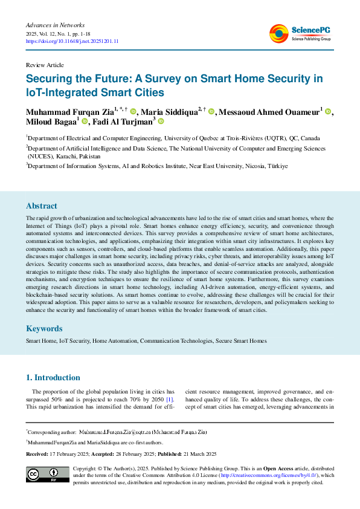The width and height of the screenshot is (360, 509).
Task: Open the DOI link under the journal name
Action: click(x=72, y=41)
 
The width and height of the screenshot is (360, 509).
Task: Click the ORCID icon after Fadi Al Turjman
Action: click(x=161, y=122)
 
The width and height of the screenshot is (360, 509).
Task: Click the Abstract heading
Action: click(x=42, y=205)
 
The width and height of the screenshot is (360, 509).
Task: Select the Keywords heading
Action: click(x=43, y=328)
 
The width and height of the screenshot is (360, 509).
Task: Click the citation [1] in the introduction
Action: click(x=170, y=399)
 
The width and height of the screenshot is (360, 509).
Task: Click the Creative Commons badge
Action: click(x=47, y=475)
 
